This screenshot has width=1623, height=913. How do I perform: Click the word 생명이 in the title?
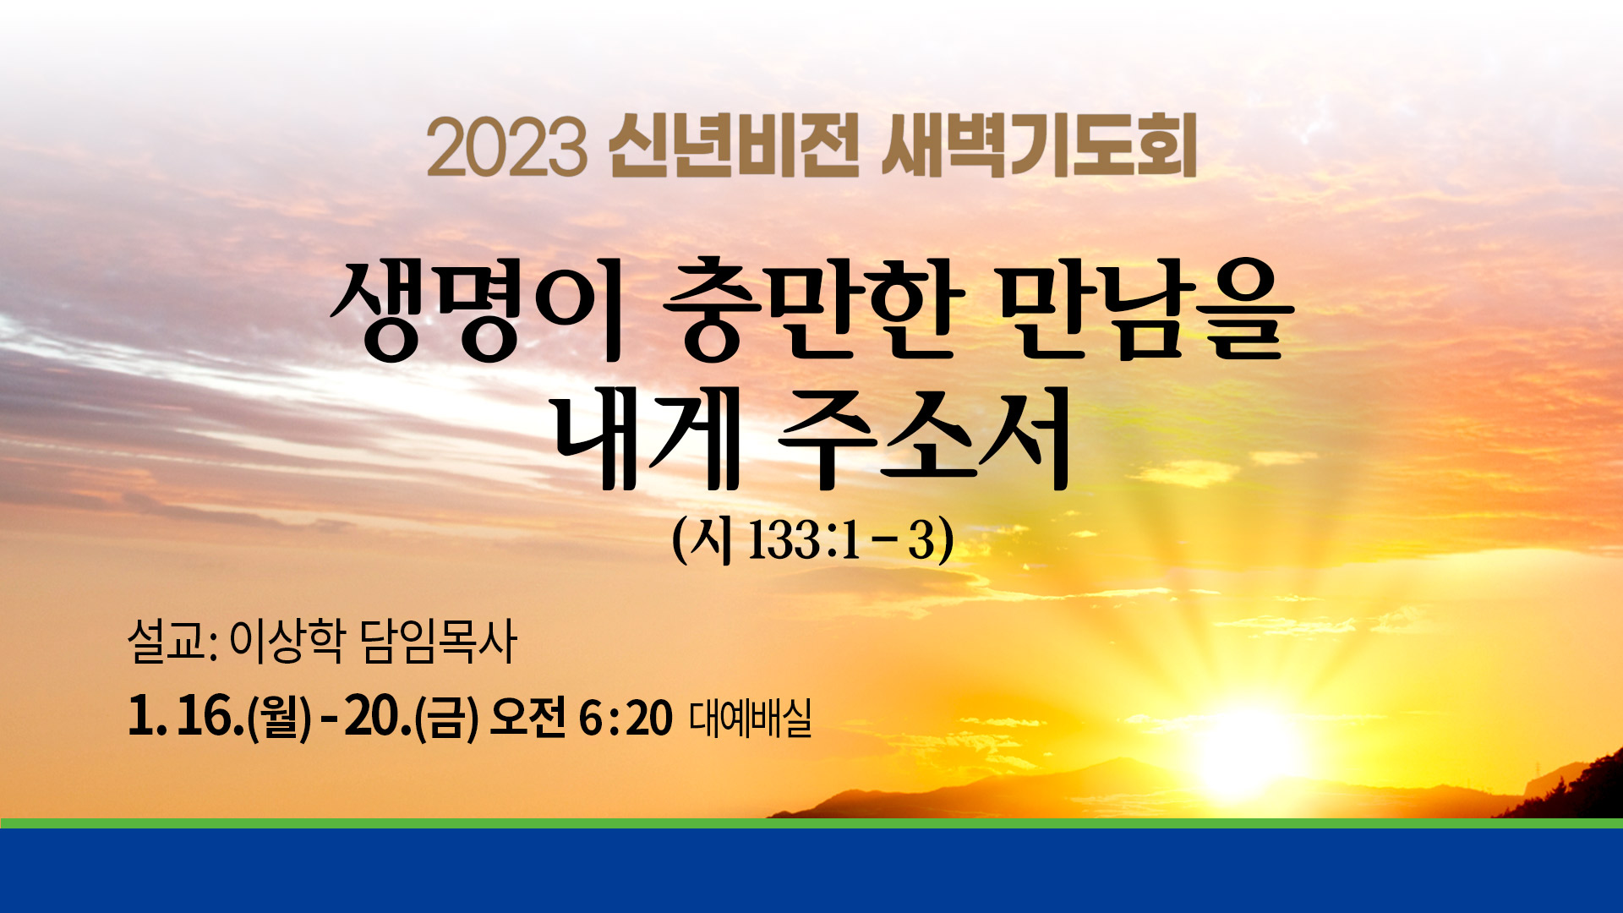point(477,311)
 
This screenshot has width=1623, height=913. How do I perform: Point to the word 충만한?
point(813,311)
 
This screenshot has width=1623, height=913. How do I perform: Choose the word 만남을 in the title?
point(1146,311)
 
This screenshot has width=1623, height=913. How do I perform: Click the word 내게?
point(647,439)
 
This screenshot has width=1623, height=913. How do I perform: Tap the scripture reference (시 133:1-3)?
point(812,539)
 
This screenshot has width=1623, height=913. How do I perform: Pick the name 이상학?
point(287,641)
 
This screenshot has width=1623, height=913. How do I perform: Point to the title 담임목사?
point(438,641)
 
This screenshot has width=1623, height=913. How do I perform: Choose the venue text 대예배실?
point(751,718)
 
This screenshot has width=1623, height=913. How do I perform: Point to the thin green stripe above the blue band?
point(811,823)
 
